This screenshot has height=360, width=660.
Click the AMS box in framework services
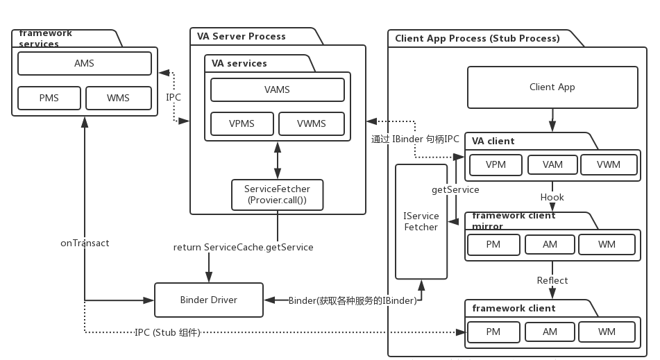[84, 64]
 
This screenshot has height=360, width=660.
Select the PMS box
[49, 98]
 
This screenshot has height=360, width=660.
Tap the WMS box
[118, 98]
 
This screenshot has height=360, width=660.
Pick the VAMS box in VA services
[277, 89]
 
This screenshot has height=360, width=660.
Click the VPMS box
[242, 124]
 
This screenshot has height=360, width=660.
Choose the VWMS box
[311, 124]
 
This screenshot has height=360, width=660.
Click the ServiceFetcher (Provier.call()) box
[277, 195]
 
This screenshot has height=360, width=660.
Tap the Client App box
[552, 87]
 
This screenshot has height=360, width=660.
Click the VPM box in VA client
[496, 165]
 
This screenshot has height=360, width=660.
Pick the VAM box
[552, 165]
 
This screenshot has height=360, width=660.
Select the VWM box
[609, 165]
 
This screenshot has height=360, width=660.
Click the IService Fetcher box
[421, 221]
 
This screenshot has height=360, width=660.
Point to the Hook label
[552, 197]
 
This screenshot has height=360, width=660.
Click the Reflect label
[552, 280]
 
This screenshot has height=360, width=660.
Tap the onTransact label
[85, 243]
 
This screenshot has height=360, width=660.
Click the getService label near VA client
[455, 189]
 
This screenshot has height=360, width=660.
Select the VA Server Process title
[241, 36]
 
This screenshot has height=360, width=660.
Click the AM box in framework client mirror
[550, 245]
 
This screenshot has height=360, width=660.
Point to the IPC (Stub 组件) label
[167, 332]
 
